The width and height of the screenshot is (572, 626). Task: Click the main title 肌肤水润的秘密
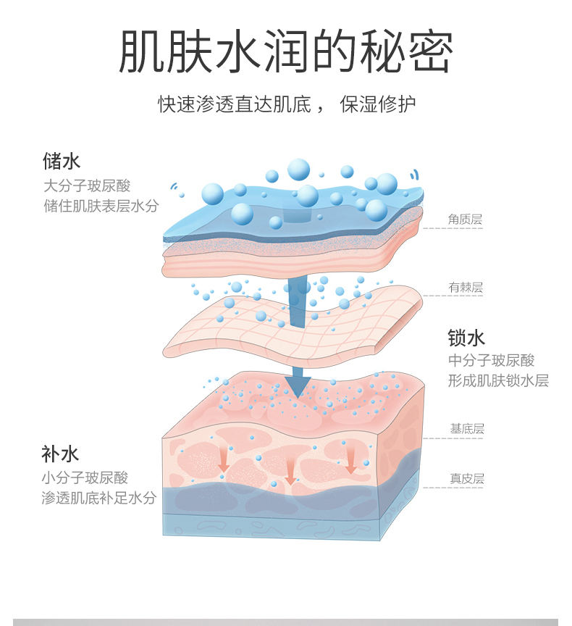pyautogui.click(x=286, y=52)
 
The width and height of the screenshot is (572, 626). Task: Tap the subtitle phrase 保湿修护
pyautogui.click(x=379, y=104)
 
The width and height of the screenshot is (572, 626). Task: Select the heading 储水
pyautogui.click(x=62, y=160)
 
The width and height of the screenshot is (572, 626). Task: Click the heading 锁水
pyautogui.click(x=466, y=338)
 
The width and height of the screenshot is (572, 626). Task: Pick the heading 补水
pyautogui.click(x=59, y=454)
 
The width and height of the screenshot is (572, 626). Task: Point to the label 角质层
pyautogui.click(x=465, y=219)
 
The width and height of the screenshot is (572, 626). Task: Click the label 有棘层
pyautogui.click(x=466, y=288)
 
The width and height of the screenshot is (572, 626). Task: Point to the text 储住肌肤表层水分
pyautogui.click(x=101, y=206)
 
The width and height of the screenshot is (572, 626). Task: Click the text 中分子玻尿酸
pyautogui.click(x=492, y=361)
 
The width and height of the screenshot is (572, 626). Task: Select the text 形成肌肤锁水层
pyautogui.click(x=498, y=381)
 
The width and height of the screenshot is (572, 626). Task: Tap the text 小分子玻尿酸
pyautogui.click(x=85, y=478)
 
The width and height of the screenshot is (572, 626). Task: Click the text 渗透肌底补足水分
pyautogui.click(x=98, y=498)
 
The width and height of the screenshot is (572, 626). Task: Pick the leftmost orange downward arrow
pyautogui.click(x=224, y=462)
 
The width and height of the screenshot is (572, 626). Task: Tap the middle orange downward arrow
pyautogui.click(x=290, y=472)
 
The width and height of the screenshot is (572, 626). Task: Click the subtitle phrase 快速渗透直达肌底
pyautogui.click(x=235, y=104)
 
